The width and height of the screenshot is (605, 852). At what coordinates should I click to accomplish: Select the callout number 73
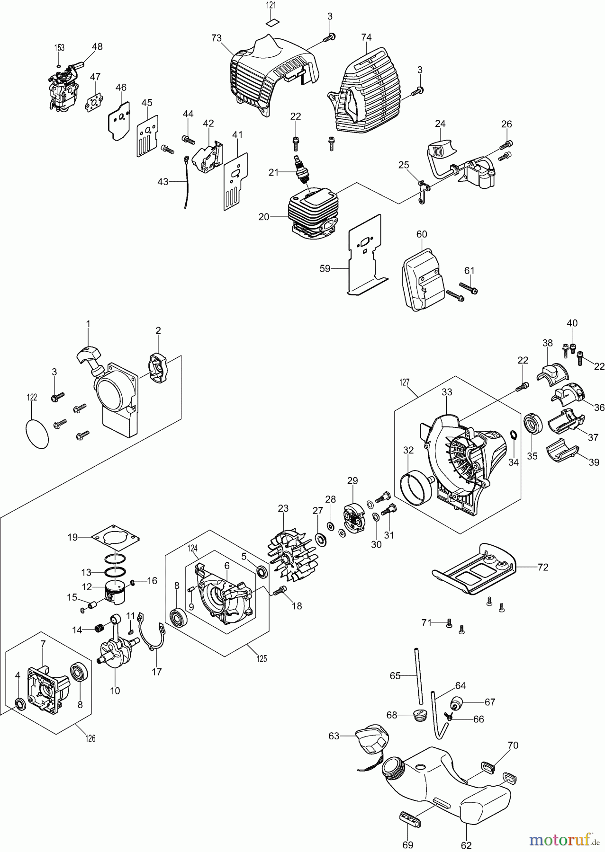[x=217, y=38]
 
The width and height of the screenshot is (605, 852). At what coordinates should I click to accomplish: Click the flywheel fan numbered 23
[x=292, y=556]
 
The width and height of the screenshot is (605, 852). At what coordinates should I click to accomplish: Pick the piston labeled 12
[x=114, y=591]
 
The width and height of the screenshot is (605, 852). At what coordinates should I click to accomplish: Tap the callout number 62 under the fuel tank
[x=466, y=845]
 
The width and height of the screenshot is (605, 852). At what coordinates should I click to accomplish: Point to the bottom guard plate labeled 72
[x=474, y=568]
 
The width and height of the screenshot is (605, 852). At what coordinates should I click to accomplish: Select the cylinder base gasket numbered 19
[x=116, y=538]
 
